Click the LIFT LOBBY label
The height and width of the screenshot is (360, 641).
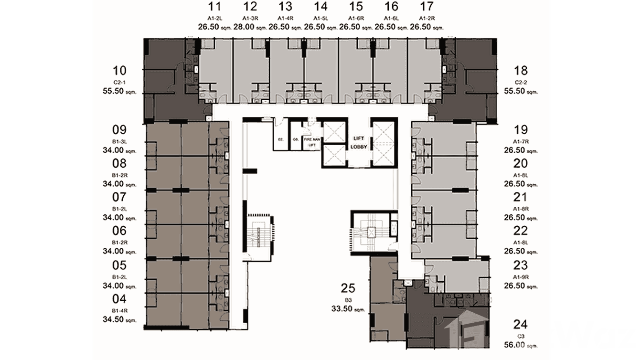(x=359, y=142)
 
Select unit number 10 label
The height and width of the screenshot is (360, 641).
(x=120, y=71)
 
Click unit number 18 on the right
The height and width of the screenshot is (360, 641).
(x=521, y=71)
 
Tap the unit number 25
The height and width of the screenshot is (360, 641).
(x=348, y=288)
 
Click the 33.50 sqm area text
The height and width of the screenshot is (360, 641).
(x=348, y=309)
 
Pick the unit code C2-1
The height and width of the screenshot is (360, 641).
(x=119, y=82)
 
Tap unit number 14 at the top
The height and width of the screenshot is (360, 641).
(x=320, y=7)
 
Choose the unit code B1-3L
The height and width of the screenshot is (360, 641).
(x=119, y=141)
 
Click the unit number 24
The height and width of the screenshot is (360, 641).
(x=521, y=325)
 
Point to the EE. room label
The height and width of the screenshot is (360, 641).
(x=281, y=139)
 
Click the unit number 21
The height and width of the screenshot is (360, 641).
(x=521, y=197)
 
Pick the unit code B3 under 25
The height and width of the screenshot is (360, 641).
(x=348, y=300)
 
